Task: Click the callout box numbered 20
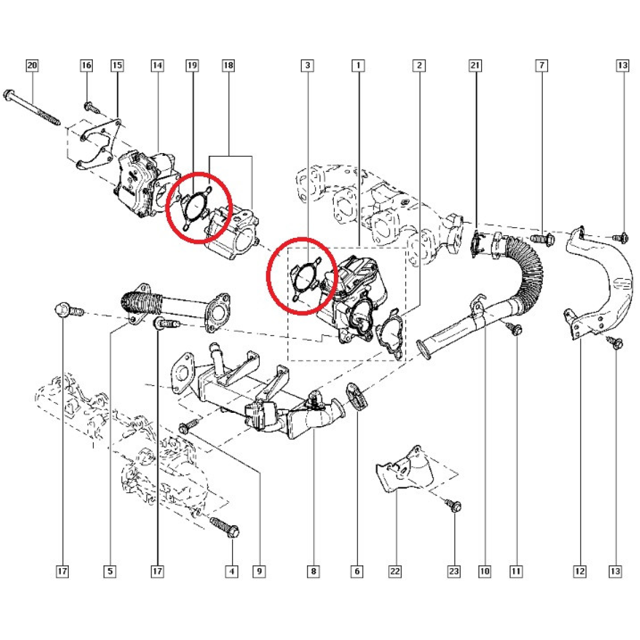pos(32,65)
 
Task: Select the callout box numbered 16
pos(86,65)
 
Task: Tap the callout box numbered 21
pos(475,65)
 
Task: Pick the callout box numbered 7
pos(542,65)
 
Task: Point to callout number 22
pos(395,571)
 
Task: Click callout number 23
pos(454,571)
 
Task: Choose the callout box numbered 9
pos(259,571)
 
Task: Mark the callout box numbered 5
pos(110,571)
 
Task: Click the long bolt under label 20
pos(31,107)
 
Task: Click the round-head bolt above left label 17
pos(69,310)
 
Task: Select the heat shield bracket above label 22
pos(404,469)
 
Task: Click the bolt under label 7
pos(542,238)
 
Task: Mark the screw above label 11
pos(515,329)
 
